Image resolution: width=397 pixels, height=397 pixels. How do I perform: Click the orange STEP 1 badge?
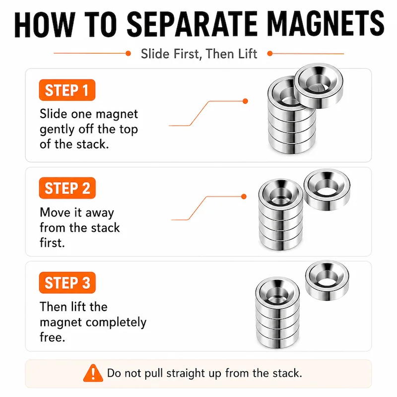[x=67, y=90]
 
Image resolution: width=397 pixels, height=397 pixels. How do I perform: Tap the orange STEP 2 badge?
[x=67, y=188]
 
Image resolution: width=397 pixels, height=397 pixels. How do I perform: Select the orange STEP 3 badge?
[x=67, y=282]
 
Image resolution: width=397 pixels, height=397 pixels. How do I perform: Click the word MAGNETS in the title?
[x=326, y=24]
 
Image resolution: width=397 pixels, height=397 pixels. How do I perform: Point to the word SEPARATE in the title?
[x=193, y=24]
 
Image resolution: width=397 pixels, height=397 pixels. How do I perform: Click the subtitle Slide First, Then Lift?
[x=199, y=54]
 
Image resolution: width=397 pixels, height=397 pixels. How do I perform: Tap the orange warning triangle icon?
[x=93, y=373]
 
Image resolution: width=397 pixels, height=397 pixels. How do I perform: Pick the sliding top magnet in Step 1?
[x=319, y=85]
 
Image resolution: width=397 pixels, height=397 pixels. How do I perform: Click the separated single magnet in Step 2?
[x=327, y=190]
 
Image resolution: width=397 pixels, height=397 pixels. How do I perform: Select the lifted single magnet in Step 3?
[x=327, y=280]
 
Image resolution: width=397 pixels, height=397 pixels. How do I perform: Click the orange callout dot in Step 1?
[x=245, y=101]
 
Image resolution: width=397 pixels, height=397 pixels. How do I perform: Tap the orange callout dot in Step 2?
[x=244, y=197]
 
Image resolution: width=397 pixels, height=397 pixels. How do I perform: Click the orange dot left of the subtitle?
[x=128, y=54]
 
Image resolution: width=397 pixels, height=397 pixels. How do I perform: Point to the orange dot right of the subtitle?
[x=270, y=54]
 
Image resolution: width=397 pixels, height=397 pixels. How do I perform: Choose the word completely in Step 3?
[x=116, y=322]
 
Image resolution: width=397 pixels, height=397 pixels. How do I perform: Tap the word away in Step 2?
[x=100, y=213]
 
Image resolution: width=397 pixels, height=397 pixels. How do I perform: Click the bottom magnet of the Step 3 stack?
[x=278, y=337]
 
